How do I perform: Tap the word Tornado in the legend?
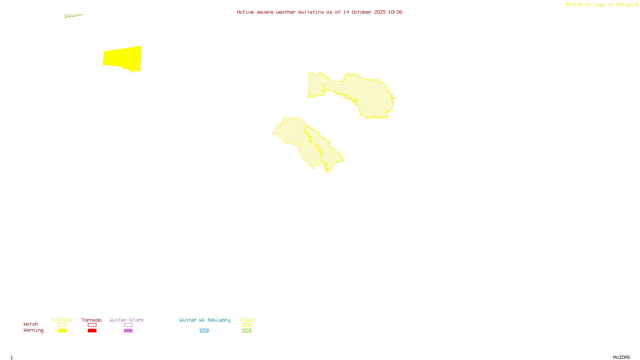coord(92,320)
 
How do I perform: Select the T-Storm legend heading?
coord(62,320)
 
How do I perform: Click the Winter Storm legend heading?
coord(126,320)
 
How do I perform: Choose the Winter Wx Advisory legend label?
coord(205,320)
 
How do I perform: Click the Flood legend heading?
coord(247,320)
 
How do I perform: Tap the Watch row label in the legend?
coord(31,324)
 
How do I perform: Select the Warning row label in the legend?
coord(34,330)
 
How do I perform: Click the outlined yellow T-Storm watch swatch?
coord(62,325)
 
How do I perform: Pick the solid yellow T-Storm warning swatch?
coord(62,331)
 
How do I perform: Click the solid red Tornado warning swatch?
coord(92,331)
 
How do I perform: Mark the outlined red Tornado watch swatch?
coord(92,325)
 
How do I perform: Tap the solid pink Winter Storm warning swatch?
coord(128,331)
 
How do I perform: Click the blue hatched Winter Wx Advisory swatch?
coord(204,331)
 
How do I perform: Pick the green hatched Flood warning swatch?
coord(247,331)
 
